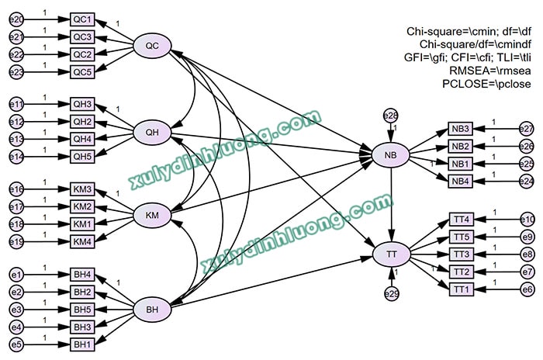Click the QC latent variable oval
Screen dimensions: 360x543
point(152,47)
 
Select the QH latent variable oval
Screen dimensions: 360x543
point(152,132)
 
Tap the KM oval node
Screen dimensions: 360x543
point(152,215)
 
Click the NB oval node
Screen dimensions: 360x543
point(390,155)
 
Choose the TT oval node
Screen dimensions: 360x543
point(390,254)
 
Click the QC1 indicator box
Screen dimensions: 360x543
point(82,19)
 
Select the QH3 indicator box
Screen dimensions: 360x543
point(82,104)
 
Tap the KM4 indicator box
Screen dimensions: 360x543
point(82,242)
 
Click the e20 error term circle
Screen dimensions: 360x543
point(16,19)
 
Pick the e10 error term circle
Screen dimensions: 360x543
point(527,220)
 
